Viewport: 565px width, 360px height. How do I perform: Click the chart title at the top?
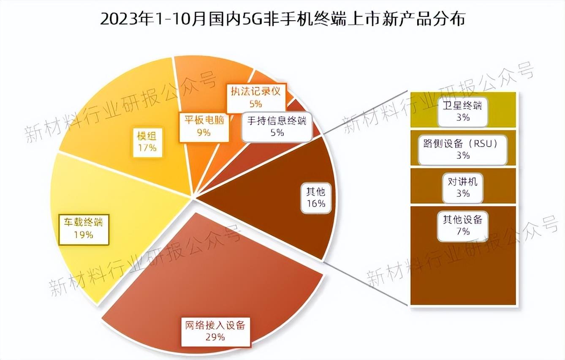282,19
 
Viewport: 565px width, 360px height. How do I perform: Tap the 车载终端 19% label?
84,229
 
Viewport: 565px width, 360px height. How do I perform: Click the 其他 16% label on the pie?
316,197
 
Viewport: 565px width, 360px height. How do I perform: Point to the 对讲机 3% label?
463,188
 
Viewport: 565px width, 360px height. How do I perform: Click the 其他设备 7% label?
463,225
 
